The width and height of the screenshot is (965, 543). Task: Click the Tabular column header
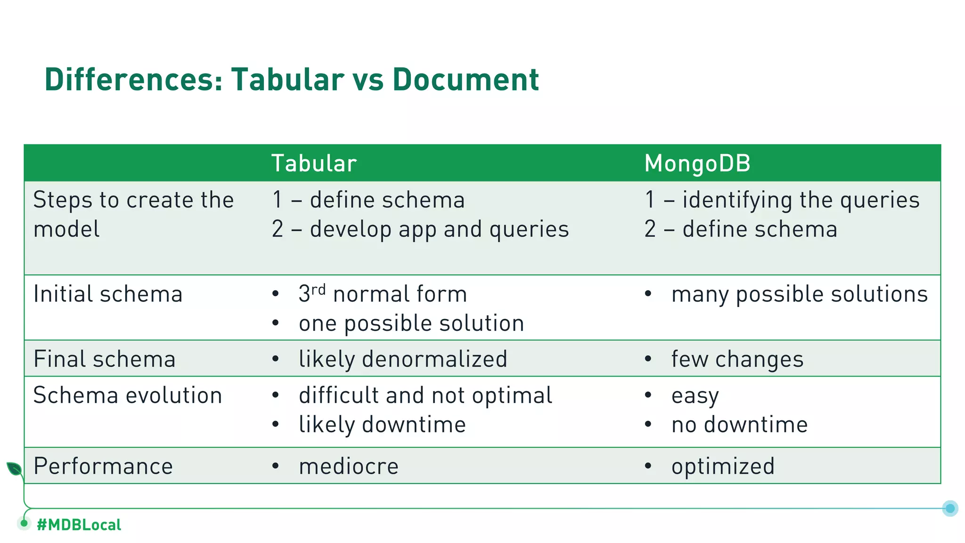(x=314, y=164)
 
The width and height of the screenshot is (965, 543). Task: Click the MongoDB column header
(x=697, y=164)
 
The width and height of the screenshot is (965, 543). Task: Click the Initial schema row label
(x=108, y=294)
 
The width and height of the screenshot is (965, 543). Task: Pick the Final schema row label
(x=105, y=359)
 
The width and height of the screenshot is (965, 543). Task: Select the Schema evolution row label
(x=128, y=395)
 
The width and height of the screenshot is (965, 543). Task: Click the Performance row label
(x=103, y=467)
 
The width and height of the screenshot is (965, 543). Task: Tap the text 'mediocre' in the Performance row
(x=349, y=467)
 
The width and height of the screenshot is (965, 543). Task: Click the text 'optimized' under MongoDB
(x=723, y=467)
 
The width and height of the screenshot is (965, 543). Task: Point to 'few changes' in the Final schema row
(x=737, y=359)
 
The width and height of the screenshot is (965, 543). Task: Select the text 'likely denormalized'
(x=403, y=359)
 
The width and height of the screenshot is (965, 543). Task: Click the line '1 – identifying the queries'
(x=782, y=200)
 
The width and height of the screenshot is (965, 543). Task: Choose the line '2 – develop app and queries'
(x=420, y=230)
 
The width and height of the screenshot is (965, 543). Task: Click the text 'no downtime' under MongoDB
(x=739, y=425)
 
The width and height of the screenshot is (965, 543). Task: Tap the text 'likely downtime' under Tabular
(x=382, y=425)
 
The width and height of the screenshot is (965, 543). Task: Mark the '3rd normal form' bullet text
(x=383, y=294)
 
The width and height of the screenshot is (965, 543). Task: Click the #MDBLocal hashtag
(x=79, y=525)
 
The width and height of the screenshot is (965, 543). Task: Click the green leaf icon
(x=14, y=469)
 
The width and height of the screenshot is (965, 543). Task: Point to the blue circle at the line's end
(x=950, y=508)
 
